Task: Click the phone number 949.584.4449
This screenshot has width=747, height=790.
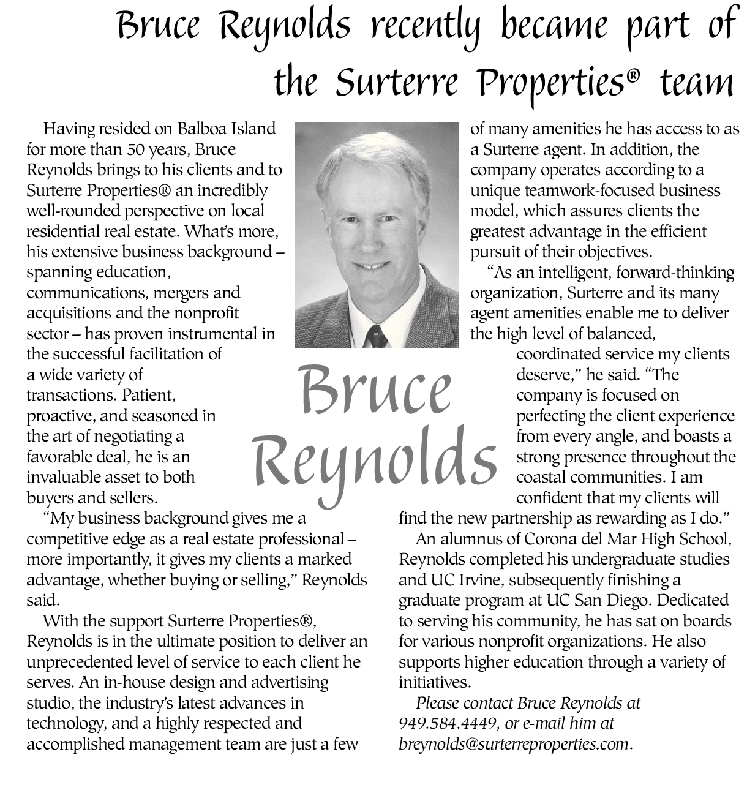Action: click(447, 724)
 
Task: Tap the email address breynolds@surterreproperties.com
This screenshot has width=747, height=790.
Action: click(514, 744)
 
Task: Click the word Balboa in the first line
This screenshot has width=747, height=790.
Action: click(202, 129)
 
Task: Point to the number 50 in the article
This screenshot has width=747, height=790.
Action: click(137, 149)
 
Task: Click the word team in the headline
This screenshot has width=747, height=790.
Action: click(697, 83)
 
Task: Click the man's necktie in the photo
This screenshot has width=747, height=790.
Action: click(376, 337)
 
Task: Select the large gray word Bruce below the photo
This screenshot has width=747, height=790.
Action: click(375, 390)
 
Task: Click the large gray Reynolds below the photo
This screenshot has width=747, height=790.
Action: click(375, 462)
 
